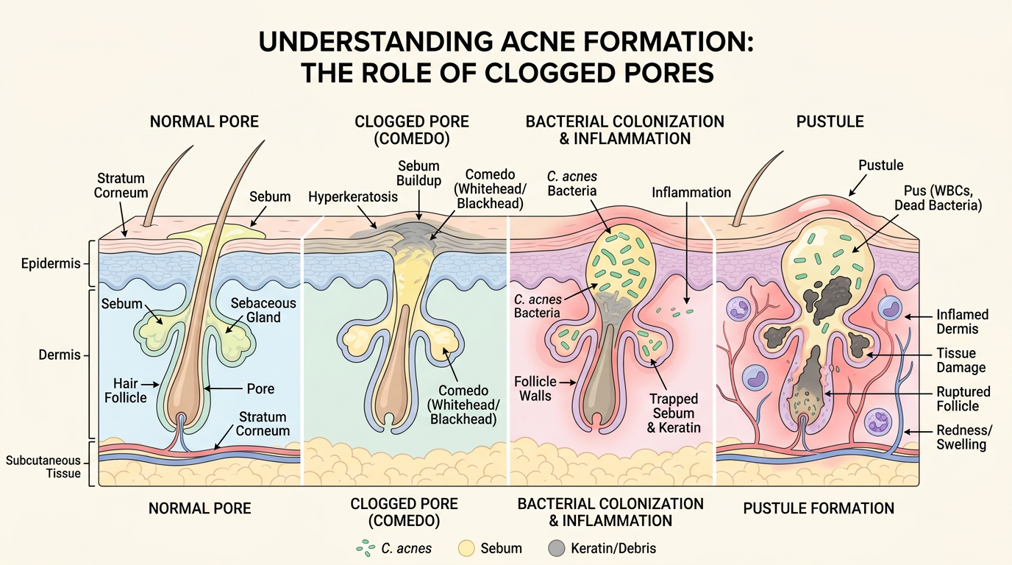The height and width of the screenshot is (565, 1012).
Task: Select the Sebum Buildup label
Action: (x=418, y=173)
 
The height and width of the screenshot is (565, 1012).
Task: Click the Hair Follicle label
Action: (x=130, y=391)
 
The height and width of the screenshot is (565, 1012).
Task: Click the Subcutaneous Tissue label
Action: (x=43, y=467)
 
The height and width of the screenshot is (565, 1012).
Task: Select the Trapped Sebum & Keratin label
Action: (x=674, y=413)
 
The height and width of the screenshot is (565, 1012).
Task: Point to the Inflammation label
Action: (x=691, y=193)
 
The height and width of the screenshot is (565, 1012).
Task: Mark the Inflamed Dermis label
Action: (x=962, y=321)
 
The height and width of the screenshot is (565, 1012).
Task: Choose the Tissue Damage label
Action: (x=961, y=360)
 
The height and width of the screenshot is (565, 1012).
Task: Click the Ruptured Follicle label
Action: (x=963, y=399)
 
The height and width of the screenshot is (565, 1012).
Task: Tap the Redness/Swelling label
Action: (x=961, y=438)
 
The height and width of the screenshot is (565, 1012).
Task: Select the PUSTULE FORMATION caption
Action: (x=819, y=508)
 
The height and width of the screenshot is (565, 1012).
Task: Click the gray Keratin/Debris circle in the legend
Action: (x=557, y=548)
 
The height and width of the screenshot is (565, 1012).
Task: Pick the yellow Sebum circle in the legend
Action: (x=466, y=548)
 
